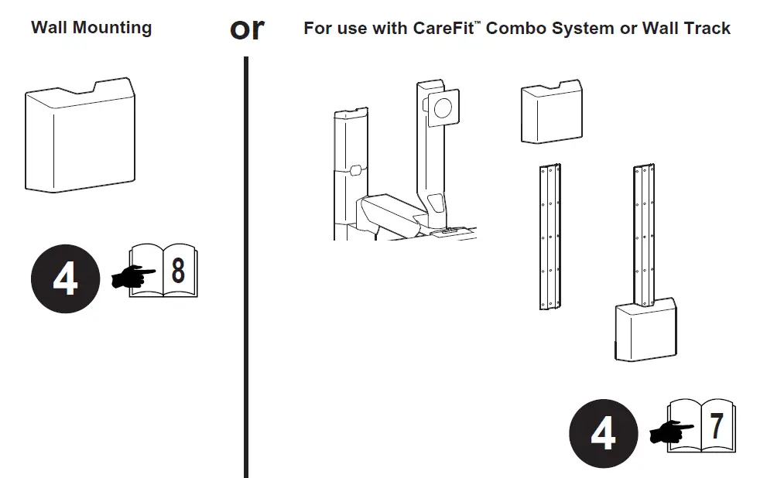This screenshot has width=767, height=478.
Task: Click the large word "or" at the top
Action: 247,29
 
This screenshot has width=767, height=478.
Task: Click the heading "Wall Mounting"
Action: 91,28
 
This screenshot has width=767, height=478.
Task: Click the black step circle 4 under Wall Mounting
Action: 65,278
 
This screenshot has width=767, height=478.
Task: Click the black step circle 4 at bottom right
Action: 603,433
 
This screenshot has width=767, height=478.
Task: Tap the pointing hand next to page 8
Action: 133,277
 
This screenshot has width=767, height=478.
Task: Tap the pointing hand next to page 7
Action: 671,432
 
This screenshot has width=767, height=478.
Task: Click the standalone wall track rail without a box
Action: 549,237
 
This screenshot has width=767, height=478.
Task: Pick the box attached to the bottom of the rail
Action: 646,332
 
